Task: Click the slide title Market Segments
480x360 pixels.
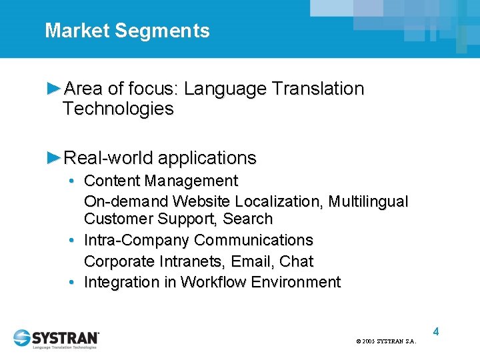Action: click(127, 31)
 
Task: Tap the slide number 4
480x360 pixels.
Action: click(435, 331)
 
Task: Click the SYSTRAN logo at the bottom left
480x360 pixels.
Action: click(57, 338)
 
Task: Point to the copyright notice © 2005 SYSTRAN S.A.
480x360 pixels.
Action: click(386, 341)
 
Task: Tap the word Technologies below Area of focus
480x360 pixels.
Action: click(118, 109)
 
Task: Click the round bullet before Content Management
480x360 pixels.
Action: click(71, 181)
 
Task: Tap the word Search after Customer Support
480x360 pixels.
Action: click(248, 219)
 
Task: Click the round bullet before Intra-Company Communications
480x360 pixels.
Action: click(71, 240)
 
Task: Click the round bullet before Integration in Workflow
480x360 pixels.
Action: click(71, 282)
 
